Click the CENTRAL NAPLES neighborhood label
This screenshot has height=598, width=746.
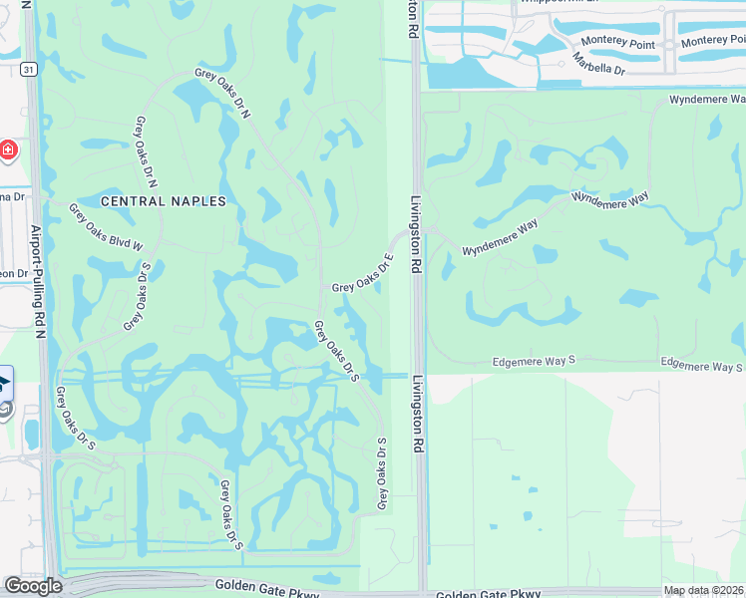pyautogui.click(x=164, y=200)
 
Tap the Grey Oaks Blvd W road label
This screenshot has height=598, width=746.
pyautogui.click(x=106, y=226)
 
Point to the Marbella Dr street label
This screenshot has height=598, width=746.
pyautogui.click(x=598, y=64)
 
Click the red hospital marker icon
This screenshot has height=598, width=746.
pyautogui.click(x=8, y=149)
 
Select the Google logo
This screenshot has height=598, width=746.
pyautogui.click(x=33, y=586)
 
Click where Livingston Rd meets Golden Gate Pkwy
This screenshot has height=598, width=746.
pyautogui.click(x=421, y=590)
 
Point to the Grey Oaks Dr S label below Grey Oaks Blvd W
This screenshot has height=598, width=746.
pyautogui.click(x=137, y=296)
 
